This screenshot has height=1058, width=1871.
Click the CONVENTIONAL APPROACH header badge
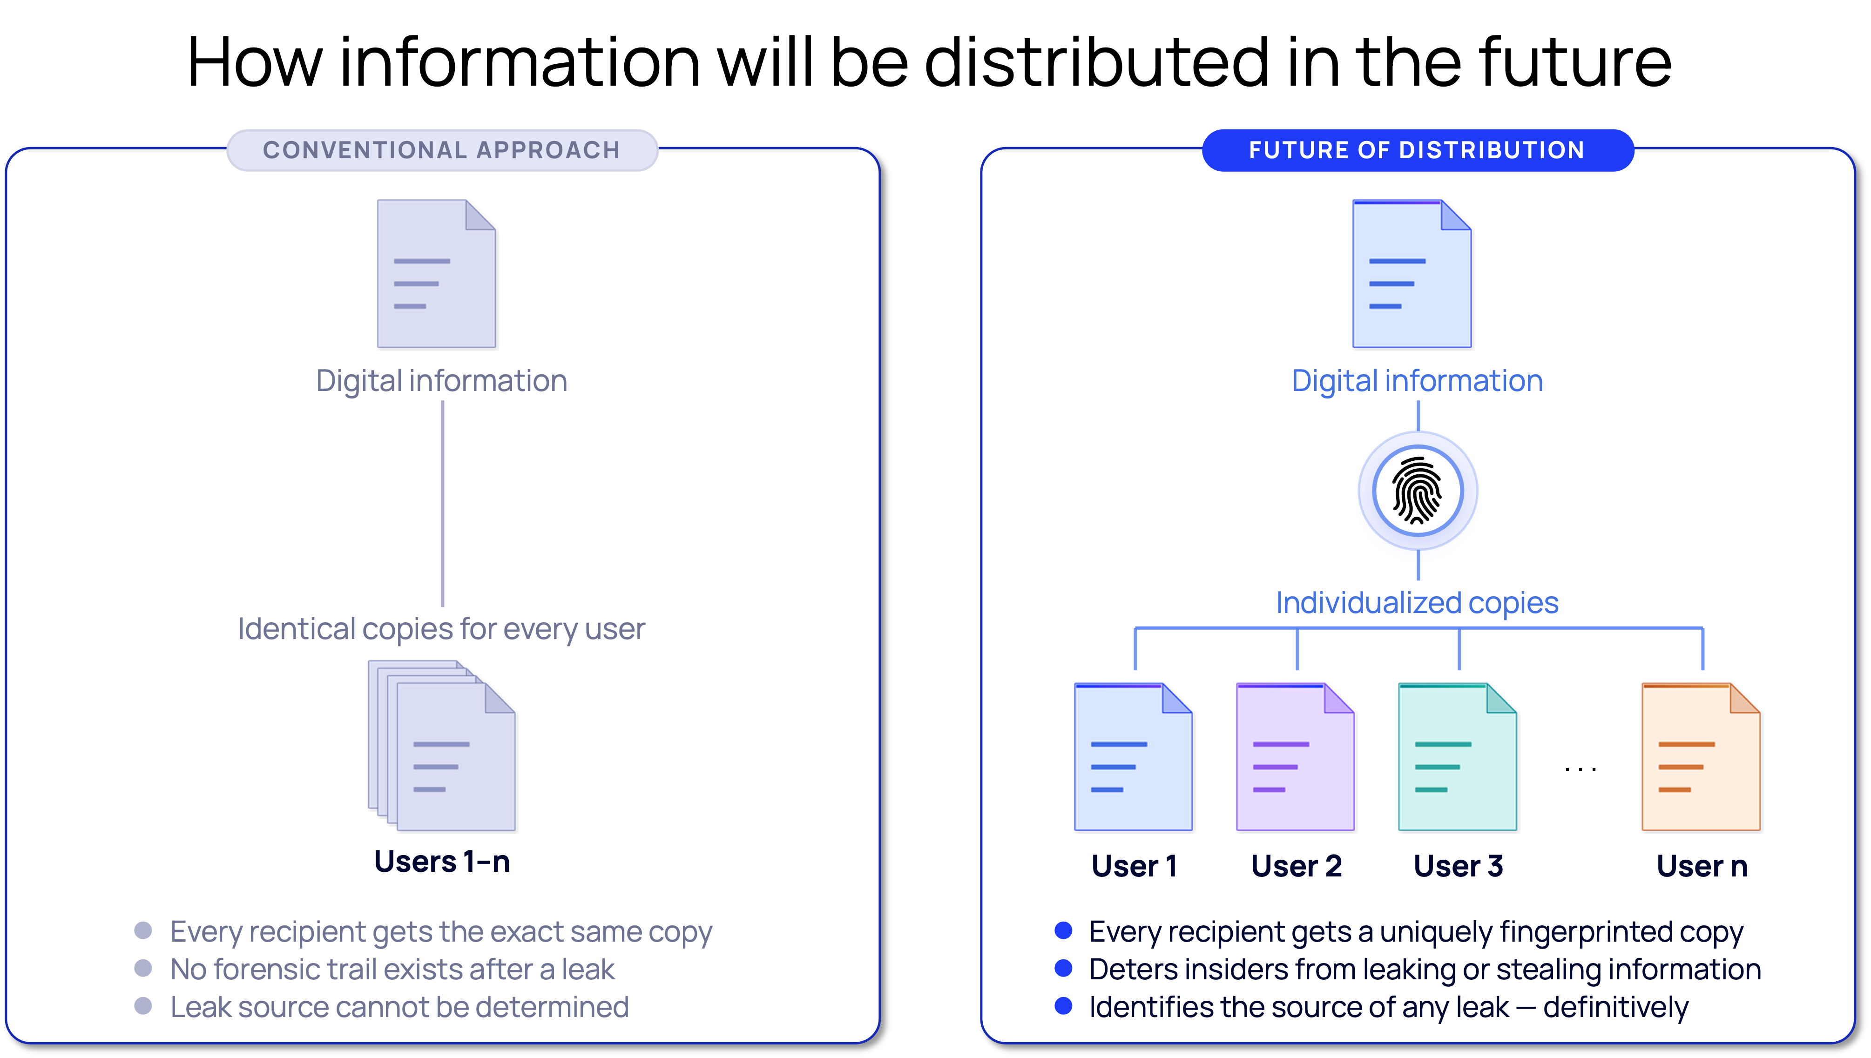442,150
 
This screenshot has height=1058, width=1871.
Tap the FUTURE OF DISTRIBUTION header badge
1417,150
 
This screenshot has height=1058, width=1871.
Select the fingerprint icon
1418,491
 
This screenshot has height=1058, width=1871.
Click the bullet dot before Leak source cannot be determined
143,1006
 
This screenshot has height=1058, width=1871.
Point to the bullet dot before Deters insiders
1063,969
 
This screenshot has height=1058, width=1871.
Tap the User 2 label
1296,866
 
